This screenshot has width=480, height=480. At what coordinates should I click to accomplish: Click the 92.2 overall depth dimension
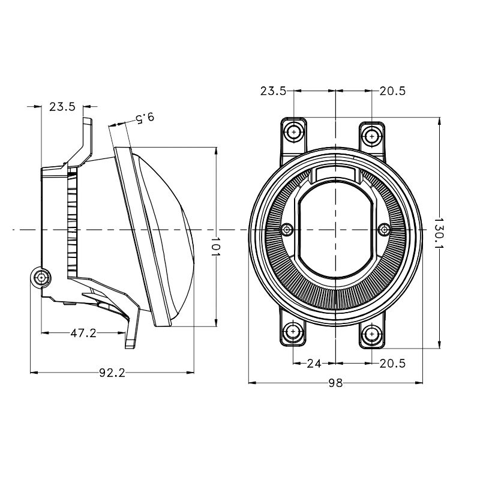[112, 373]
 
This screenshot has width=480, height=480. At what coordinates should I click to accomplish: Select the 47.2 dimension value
[83, 333]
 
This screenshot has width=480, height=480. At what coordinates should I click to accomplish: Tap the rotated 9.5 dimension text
[145, 118]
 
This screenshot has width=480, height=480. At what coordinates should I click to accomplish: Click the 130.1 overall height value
[440, 233]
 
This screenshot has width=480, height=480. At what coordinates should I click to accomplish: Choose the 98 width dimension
[336, 383]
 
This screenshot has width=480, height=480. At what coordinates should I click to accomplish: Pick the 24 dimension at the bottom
[314, 364]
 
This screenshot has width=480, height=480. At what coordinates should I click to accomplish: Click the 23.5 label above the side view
[62, 107]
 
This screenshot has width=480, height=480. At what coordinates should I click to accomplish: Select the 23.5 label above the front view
[273, 91]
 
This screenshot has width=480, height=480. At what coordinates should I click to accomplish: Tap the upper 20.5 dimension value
[392, 91]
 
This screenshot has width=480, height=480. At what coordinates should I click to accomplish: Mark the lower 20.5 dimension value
[392, 364]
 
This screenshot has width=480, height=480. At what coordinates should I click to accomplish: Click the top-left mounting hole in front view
[294, 133]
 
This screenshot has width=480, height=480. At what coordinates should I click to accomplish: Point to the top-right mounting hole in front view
[372, 136]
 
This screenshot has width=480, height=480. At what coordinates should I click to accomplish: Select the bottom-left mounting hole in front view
[293, 331]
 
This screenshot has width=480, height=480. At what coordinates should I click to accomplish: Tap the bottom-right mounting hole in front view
[372, 334]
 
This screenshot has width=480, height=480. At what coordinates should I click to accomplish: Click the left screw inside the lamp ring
[287, 229]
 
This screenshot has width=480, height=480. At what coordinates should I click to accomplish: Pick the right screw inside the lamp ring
[385, 229]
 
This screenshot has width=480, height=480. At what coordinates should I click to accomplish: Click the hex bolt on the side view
[41, 277]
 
